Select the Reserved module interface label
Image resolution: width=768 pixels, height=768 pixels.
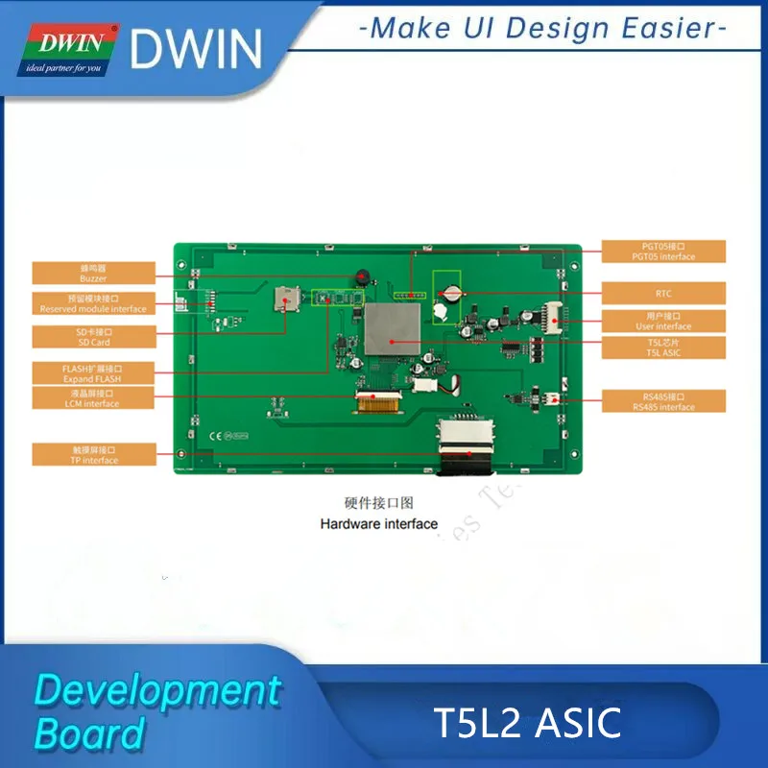tap(93, 303)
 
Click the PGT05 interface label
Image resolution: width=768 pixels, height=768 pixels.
tap(663, 252)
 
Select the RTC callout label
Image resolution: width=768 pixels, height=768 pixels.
tap(663, 293)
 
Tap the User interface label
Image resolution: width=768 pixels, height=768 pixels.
tap(663, 322)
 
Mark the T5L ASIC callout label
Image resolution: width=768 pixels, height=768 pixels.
tap(663, 348)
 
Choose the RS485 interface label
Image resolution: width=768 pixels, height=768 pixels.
tap(663, 401)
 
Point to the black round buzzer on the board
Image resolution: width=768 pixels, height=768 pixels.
tap(363, 277)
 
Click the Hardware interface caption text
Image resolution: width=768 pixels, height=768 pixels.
tap(378, 523)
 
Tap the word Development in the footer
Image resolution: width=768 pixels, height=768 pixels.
tap(158, 691)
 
